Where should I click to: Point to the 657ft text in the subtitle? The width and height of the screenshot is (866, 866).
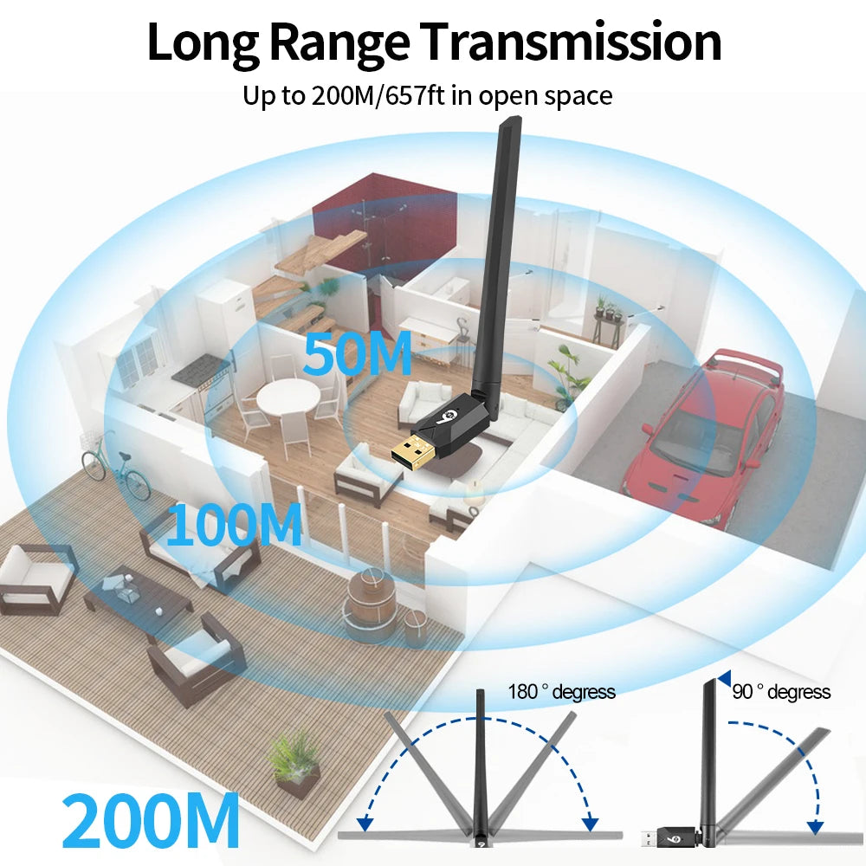[x=415, y=95]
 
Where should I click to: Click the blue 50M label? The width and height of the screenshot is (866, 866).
[x=357, y=353]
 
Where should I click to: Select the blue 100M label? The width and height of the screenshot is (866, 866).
[x=234, y=524]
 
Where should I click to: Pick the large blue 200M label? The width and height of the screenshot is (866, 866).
[x=151, y=820]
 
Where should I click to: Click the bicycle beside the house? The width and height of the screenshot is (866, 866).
[x=116, y=468]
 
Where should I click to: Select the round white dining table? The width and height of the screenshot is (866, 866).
[x=288, y=396]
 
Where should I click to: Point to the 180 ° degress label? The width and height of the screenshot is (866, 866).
[x=561, y=691]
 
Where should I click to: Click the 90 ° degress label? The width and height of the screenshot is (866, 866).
[x=781, y=691]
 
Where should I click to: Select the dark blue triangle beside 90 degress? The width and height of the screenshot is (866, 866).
[x=725, y=678]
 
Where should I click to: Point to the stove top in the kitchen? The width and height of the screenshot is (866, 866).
[x=202, y=369]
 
